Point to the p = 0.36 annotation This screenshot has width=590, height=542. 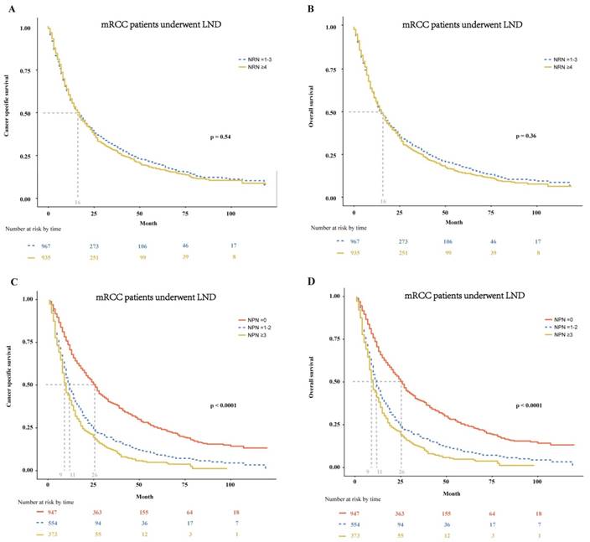[x=524, y=136]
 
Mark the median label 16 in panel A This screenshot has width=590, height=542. [x=78, y=203]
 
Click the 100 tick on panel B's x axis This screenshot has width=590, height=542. [x=536, y=212]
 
